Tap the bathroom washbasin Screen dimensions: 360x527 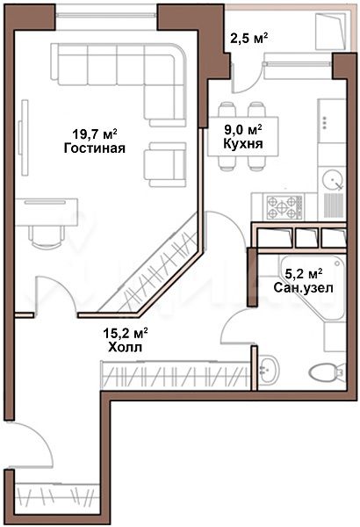[x=269, y=370]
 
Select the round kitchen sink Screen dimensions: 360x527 [x=333, y=180]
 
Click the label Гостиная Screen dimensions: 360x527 [x=95, y=148]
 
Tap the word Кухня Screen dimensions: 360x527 [x=243, y=144]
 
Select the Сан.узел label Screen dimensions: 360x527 [x=303, y=288]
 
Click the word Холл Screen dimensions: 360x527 [x=125, y=347]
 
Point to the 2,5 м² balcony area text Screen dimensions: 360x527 [x=249, y=38]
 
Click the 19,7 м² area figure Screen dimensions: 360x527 [x=95, y=134]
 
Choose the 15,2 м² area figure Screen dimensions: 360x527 [x=126, y=333]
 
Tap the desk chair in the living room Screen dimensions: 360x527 [x=47, y=236]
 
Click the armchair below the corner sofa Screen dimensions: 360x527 [x=165, y=164]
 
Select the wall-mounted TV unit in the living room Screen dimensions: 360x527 [x=24, y=138]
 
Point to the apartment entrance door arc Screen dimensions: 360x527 [x=40, y=437]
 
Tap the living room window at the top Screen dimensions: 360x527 [x=106, y=14]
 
